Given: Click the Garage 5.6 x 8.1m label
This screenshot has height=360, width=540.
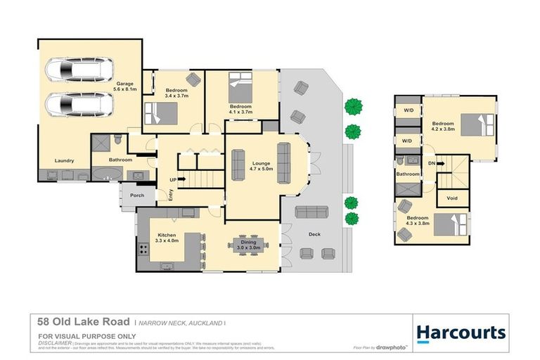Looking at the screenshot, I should [x=126, y=86].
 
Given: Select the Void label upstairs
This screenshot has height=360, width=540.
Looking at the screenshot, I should [x=452, y=198].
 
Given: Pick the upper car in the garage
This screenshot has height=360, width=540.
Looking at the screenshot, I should [x=79, y=70].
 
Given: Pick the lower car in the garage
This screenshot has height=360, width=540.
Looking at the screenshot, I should [x=79, y=105].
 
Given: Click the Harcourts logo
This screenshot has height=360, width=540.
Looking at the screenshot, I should [x=461, y=332].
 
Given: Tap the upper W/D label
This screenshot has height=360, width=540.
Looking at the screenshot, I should [x=407, y=111].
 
